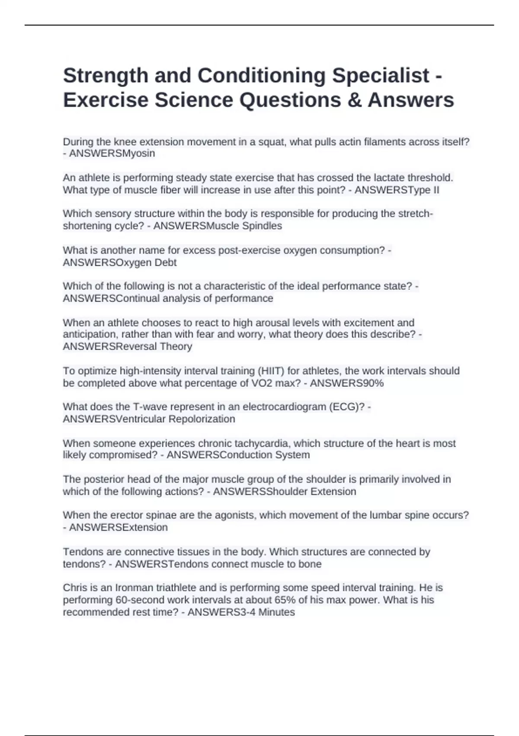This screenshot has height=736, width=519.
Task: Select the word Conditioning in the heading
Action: coord(261,76)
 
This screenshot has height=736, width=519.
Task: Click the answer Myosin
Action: coord(139,154)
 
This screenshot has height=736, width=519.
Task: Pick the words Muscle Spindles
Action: coord(245,226)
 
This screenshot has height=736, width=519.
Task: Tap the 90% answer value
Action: coord(372,383)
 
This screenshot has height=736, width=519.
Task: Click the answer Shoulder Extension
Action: coord(311,492)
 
